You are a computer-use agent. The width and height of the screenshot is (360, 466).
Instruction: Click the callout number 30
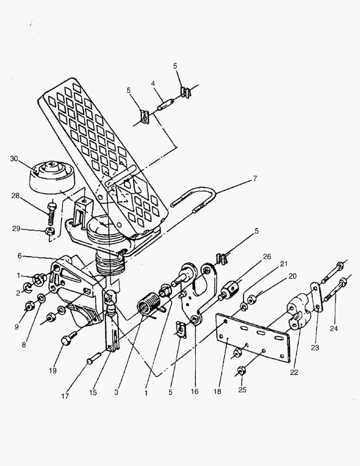pos(15,158)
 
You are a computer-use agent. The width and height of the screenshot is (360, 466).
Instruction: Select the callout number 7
pos(255,178)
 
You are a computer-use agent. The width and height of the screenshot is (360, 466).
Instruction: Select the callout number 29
pos(16,228)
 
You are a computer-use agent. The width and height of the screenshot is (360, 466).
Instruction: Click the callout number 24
pos(334,329)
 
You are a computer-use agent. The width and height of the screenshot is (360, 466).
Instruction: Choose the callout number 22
pos(294,372)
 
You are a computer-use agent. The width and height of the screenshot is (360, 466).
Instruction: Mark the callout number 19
pos(65,371)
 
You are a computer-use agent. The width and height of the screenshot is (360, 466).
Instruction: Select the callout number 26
pos(267,256)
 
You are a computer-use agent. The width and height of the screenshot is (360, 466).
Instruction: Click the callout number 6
pos(19,255)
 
